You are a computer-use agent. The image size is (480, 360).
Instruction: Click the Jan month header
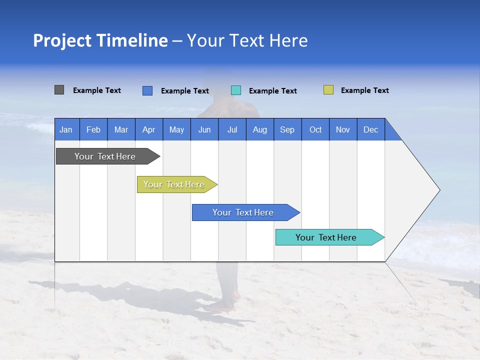pos(66,129)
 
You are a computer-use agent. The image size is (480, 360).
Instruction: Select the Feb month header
pos(93,129)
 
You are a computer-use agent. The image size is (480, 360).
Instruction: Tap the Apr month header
pos(148,129)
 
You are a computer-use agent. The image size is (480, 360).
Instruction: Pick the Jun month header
pos(204,129)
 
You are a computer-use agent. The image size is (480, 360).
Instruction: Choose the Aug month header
pos(259,129)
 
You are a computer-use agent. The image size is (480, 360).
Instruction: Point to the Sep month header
pos(287,129)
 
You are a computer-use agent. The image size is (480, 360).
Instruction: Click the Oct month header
pos(315,129)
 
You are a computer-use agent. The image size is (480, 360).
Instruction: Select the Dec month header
pos(370,129)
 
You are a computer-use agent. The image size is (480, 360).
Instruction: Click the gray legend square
pos(59,90)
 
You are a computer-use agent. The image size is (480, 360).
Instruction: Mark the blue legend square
pos(147,90)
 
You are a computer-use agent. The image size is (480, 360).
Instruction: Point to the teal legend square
pos(236,90)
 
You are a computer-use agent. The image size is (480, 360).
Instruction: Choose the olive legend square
pos(328,90)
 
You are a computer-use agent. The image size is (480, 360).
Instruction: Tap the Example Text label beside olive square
pos(364,90)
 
